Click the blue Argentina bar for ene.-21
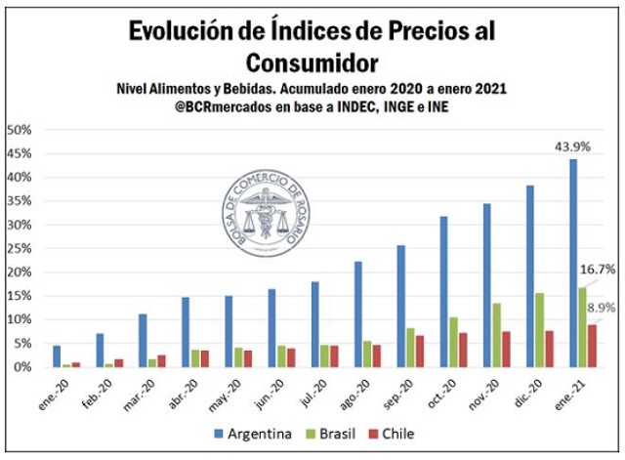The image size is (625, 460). click(573, 263)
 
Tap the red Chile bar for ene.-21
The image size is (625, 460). click(592, 346)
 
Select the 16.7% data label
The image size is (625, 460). click(597, 269)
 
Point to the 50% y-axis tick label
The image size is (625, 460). click(21, 130)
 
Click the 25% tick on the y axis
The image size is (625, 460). click(21, 248)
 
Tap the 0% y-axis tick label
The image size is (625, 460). click(24, 367)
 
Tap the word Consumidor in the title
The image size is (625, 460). click(312, 63)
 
